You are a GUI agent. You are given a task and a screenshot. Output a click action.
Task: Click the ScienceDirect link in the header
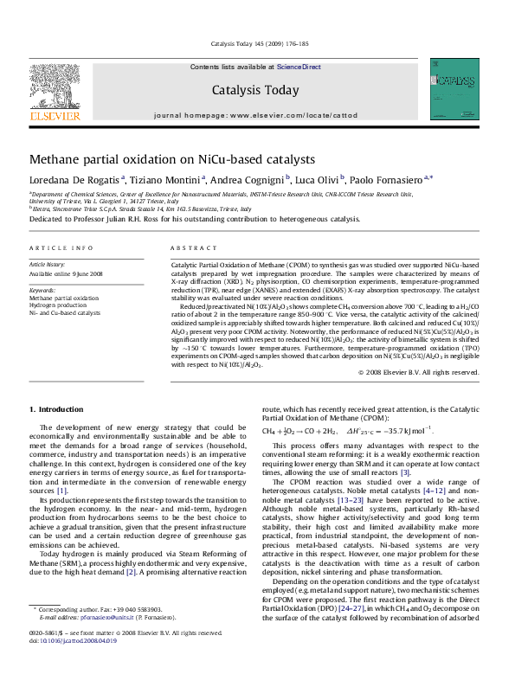(299, 67)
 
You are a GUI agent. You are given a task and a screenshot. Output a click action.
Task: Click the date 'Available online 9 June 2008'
(67, 273)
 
